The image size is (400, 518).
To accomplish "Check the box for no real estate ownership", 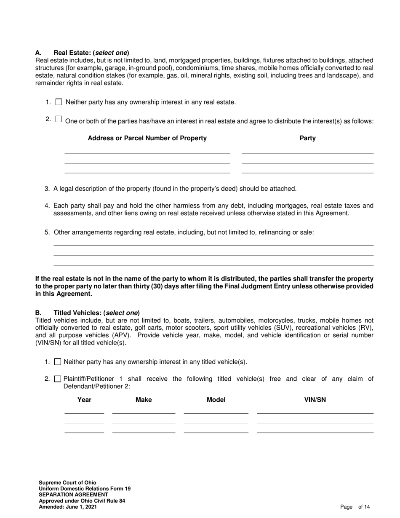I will click(x=59, y=102).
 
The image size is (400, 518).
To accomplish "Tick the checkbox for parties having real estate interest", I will click(x=59, y=119).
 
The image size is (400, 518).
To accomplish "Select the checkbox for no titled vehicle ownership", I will click(x=58, y=362).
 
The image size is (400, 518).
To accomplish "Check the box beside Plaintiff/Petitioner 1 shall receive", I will click(x=58, y=379).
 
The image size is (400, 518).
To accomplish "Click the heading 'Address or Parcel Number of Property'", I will click(x=147, y=138).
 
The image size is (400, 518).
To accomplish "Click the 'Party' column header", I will click(x=307, y=138).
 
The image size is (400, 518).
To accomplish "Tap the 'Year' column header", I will click(x=84, y=400).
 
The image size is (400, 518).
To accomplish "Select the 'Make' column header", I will click(x=144, y=400).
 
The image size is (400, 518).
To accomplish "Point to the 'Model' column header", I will click(x=216, y=400).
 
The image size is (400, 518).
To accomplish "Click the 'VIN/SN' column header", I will click(x=315, y=400).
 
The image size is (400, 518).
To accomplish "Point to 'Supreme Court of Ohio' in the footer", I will click(x=67, y=483).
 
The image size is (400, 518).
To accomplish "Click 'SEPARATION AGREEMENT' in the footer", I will click(x=73, y=495).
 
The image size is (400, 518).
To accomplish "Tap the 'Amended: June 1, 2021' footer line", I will click(x=68, y=507).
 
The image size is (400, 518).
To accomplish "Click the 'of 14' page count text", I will click(x=364, y=507).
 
